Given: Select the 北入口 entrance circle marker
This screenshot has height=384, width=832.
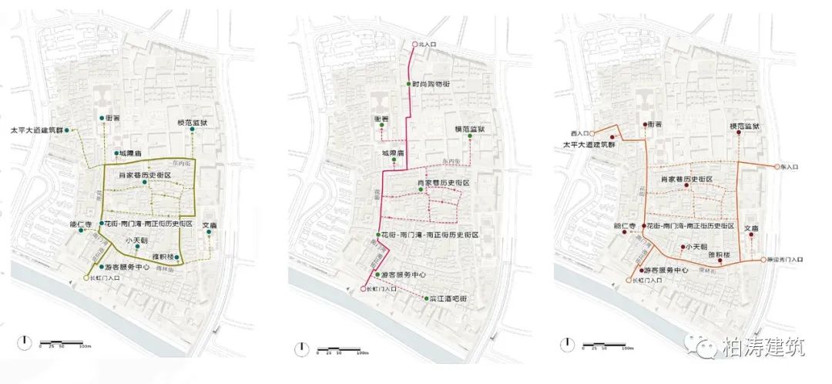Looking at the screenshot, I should [x=413, y=45].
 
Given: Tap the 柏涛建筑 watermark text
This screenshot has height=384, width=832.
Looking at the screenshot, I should [x=763, y=348].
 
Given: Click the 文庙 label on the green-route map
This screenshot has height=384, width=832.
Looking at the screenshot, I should [x=210, y=224].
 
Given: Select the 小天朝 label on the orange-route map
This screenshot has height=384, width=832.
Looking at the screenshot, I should [x=698, y=247].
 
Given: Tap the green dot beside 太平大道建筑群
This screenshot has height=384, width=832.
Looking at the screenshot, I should [x=68, y=130].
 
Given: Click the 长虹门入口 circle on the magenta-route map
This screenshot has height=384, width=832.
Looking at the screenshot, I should [x=362, y=289].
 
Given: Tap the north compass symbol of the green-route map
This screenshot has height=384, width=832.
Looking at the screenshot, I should [x=26, y=342].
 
